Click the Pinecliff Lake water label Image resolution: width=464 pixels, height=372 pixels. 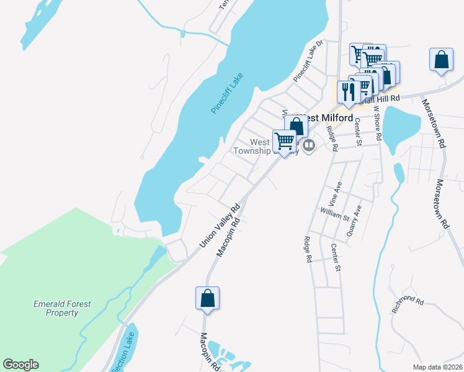tap(228, 94)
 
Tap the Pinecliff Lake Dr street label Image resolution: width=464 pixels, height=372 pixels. tap(309, 61)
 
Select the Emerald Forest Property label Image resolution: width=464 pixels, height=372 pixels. tap(61, 308)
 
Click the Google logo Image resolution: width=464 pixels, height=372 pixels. tap(20, 365)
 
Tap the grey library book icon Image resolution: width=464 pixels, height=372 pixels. tap(309, 146)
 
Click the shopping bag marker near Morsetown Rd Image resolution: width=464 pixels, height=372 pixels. tap(441, 60)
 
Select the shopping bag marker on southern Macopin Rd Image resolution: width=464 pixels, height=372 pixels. tap(207, 298)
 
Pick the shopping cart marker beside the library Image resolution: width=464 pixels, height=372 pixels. tap(284, 140)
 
